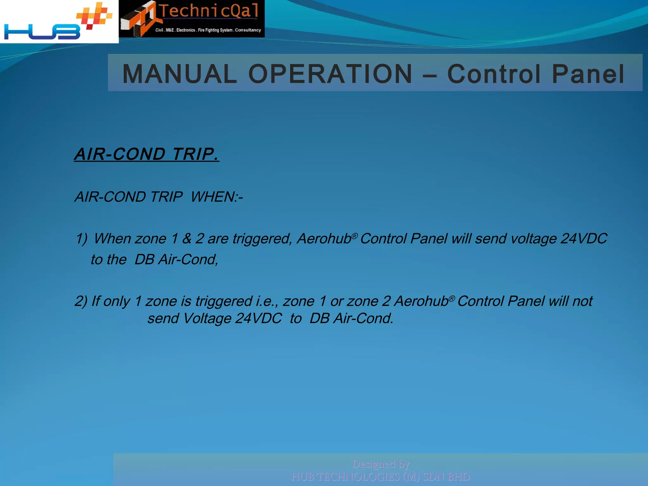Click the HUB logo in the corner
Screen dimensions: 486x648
(57, 22)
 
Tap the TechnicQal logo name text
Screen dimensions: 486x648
(209, 11)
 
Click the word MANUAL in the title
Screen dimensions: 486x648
(179, 74)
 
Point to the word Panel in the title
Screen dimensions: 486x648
(588, 74)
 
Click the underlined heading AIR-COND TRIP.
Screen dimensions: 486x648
(146, 154)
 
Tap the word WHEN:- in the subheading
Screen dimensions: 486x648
(217, 197)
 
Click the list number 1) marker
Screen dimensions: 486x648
(81, 239)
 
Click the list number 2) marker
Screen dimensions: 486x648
(81, 301)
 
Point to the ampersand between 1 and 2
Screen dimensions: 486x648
(187, 239)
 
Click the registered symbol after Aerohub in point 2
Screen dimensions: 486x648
(452, 298)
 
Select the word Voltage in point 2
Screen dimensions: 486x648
(207, 318)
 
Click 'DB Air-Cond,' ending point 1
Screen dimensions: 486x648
(176, 260)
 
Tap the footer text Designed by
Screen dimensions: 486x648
(381, 464)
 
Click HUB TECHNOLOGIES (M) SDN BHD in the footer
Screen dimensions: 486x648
(381, 477)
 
